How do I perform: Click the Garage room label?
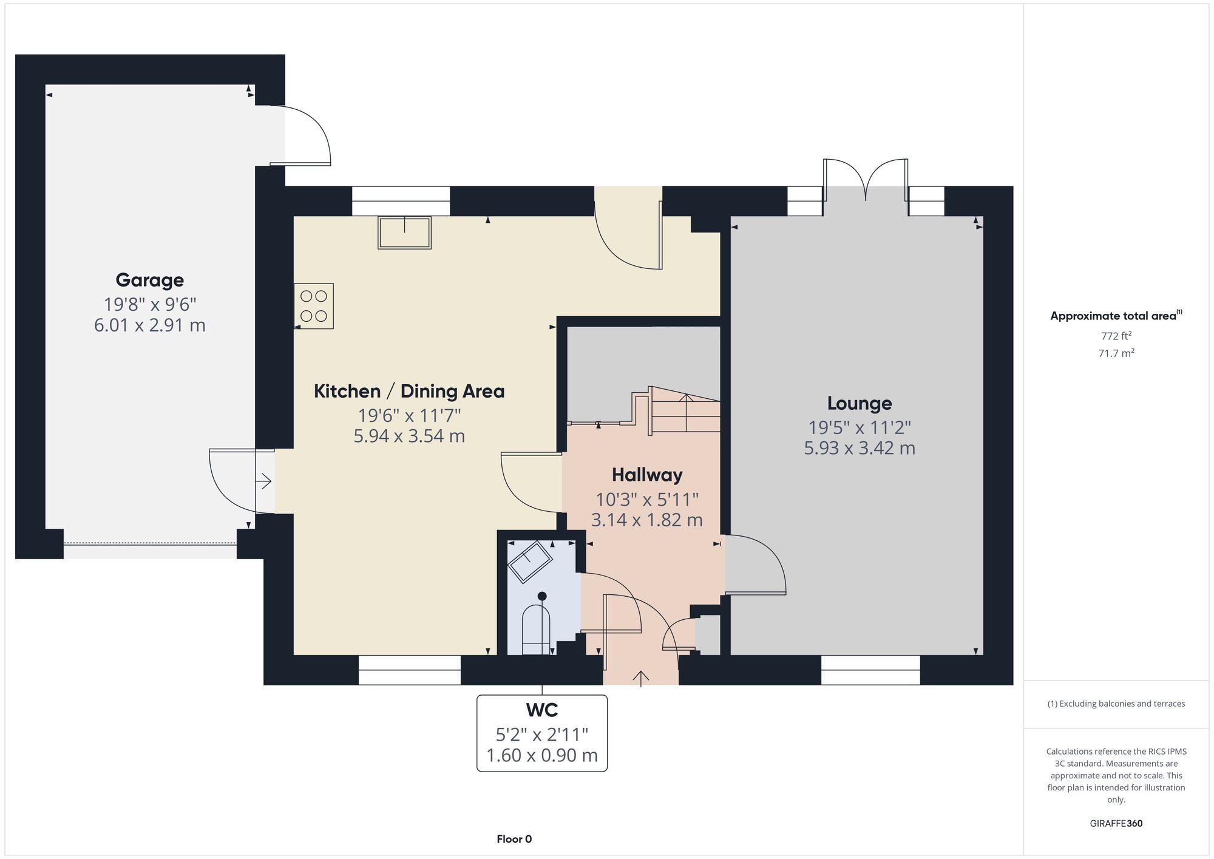149,280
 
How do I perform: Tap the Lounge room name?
860,403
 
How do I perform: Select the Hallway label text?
647,475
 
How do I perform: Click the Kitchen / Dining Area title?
409,391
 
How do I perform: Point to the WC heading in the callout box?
542,710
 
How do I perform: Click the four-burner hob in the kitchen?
314,306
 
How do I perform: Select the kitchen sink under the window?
404,233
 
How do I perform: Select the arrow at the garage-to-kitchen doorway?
264,482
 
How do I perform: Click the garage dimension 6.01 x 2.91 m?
149,325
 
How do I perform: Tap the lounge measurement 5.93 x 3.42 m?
860,448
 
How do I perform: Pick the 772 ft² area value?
1116,336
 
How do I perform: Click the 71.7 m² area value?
1116,353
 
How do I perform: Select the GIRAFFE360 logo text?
1116,824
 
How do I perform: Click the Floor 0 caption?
514,839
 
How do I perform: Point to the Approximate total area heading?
1116,315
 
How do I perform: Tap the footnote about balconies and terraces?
1116,704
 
